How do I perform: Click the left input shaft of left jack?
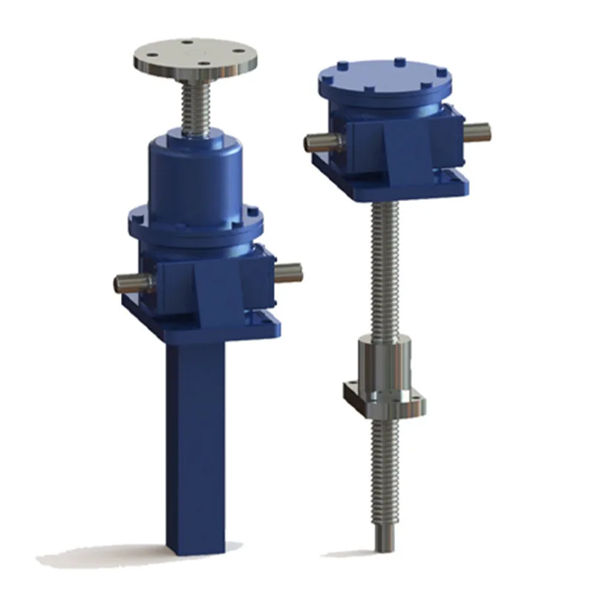click(x=131, y=282)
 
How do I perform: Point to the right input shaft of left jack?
click(x=290, y=271)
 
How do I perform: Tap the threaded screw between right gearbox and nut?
click(x=384, y=267)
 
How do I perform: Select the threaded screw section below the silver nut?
click(x=384, y=460)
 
